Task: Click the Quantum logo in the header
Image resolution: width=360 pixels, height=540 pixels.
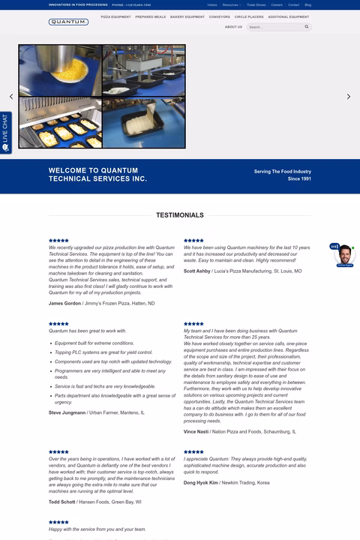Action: click(68, 22)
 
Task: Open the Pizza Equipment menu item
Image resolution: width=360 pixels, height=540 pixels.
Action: click(115, 16)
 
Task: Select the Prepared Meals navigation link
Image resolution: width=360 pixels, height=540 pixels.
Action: click(150, 16)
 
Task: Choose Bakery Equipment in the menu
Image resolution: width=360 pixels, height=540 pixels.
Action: click(187, 16)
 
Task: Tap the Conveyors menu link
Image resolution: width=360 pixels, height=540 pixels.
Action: click(220, 16)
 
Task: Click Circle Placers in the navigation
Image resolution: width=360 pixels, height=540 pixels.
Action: click(249, 16)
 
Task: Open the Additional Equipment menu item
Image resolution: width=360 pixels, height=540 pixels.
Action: click(288, 16)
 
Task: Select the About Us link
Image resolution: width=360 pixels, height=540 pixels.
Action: click(233, 27)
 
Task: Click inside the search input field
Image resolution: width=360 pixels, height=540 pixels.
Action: click(274, 27)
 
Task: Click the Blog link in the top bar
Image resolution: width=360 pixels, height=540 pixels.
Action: click(307, 4)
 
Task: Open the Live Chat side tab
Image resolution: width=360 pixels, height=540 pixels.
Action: click(5, 133)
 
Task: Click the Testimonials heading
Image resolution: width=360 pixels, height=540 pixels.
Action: click(180, 215)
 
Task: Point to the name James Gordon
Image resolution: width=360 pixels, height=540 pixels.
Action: click(64, 303)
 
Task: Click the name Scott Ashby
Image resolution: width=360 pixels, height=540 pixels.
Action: click(197, 271)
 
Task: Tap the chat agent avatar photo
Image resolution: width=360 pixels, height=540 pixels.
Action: click(344, 255)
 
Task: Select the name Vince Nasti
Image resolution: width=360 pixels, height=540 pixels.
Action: click(196, 431)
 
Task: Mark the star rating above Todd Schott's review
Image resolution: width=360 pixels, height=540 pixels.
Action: click(58, 451)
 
